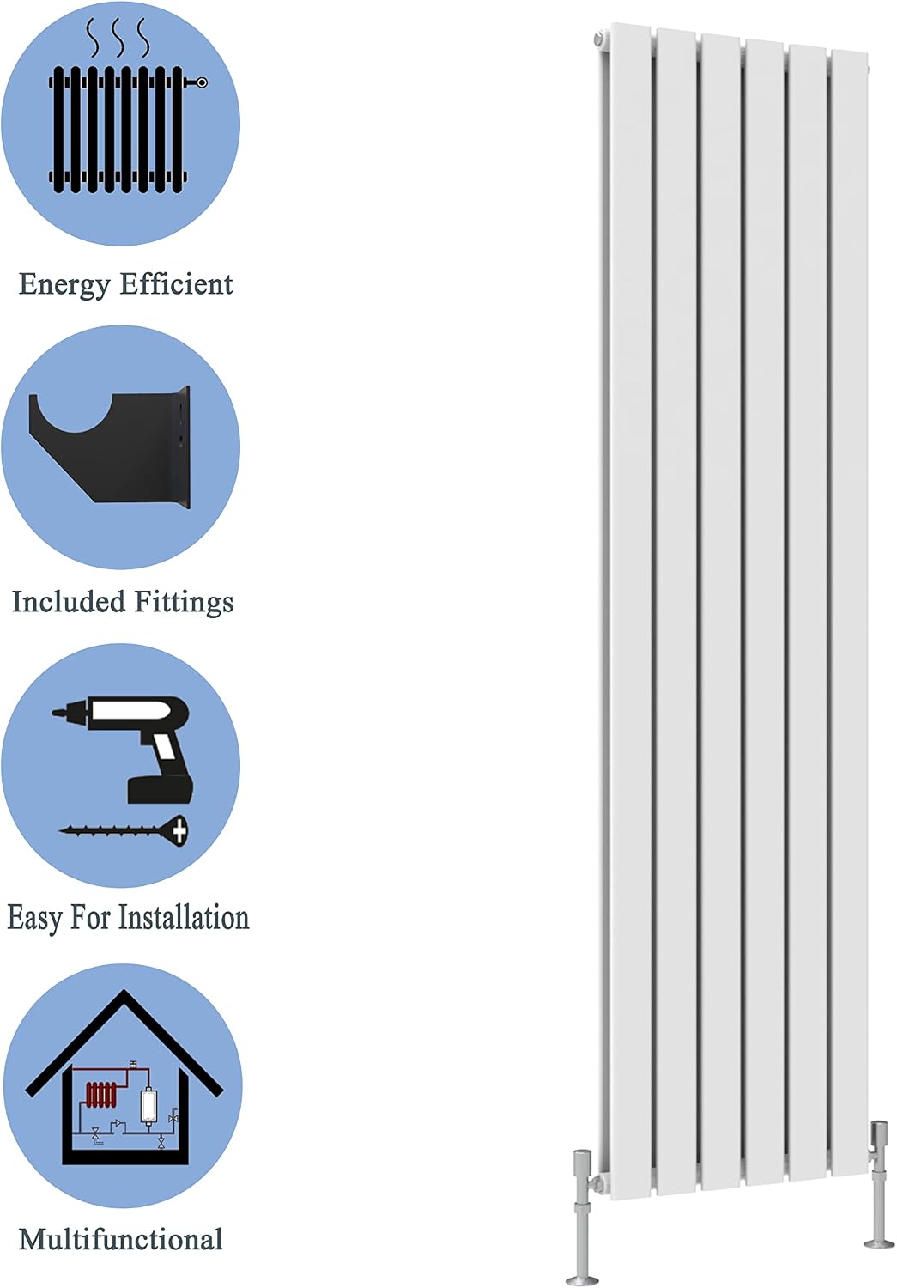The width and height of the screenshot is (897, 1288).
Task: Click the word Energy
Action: click(64, 284)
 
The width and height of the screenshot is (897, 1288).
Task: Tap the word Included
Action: click(69, 601)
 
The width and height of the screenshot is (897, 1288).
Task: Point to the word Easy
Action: click(33, 919)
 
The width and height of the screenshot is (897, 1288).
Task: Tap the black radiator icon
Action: click(127, 129)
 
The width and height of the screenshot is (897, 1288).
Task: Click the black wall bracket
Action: click(110, 447)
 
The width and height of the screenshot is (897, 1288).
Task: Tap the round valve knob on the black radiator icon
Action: click(201, 82)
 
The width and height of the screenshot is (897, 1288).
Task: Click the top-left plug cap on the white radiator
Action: click(598, 39)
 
